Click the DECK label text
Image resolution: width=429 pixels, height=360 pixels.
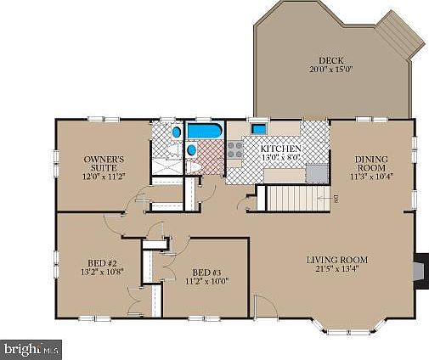330,60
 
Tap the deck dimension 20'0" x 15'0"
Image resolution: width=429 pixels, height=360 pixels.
330,70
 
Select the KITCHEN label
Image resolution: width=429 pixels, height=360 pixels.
279,148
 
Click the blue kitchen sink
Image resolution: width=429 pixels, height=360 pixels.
259,129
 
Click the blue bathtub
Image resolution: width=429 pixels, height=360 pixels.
203,132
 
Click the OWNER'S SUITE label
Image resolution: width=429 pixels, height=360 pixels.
104,163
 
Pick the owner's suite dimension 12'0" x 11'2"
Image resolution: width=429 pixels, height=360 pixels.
104,177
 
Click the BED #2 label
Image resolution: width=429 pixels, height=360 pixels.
101,262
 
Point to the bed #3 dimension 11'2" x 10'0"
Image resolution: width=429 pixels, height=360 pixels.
206,281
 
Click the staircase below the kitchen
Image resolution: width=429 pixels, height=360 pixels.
297,200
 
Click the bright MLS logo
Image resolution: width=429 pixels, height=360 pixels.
32,348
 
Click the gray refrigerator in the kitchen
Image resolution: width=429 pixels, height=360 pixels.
316,173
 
